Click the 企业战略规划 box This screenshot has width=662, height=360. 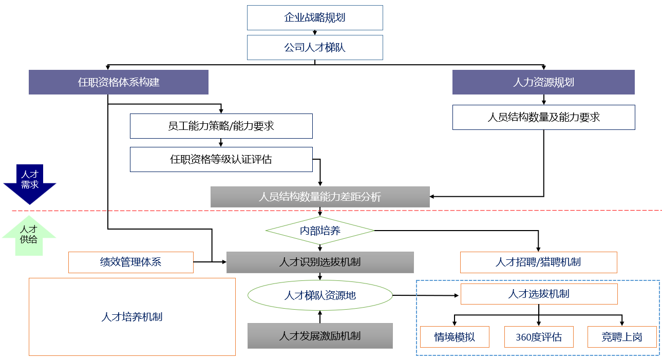[315, 18]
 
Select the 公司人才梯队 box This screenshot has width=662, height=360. [315, 48]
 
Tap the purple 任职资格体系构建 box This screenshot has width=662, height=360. [119, 82]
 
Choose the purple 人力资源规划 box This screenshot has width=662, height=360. [543, 82]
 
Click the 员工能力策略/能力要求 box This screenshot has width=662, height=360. [221, 126]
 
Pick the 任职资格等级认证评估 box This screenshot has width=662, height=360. [221, 160]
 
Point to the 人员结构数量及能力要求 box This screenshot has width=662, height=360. [544, 117]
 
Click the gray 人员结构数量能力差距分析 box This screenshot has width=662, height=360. [320, 197]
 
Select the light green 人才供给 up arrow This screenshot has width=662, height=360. [29, 236]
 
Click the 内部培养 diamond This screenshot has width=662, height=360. [320, 231]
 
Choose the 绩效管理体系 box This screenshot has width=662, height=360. [131, 262]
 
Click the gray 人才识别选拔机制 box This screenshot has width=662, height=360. [320, 262]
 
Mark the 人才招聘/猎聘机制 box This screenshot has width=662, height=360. [539, 262]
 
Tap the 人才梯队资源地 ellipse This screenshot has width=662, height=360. [320, 295]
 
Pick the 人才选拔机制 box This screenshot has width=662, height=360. [539, 294]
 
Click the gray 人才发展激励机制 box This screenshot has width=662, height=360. [320, 336]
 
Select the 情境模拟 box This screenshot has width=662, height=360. [455, 337]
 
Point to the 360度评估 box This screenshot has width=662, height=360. [539, 337]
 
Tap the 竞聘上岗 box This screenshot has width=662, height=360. [622, 337]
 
